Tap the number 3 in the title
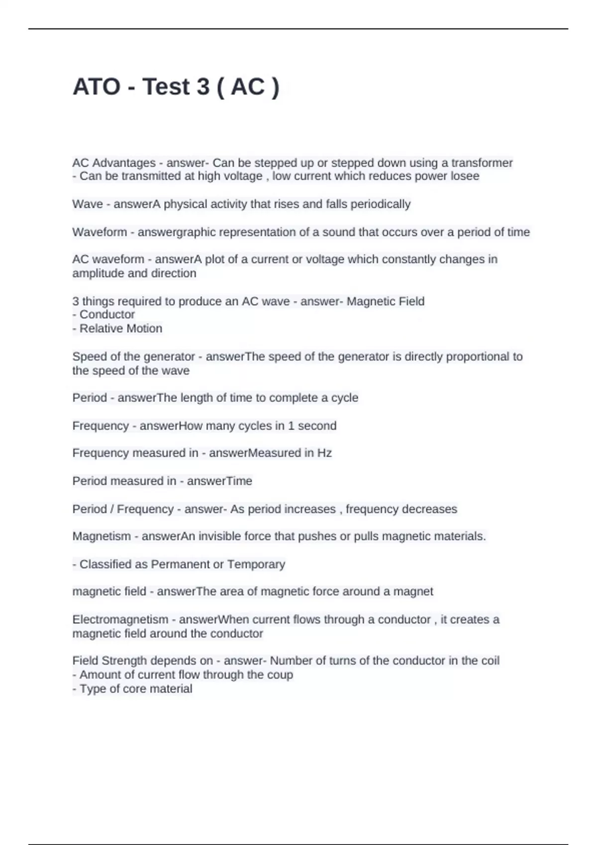[203, 87]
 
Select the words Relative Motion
[121, 329]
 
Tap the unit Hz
[324, 453]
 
